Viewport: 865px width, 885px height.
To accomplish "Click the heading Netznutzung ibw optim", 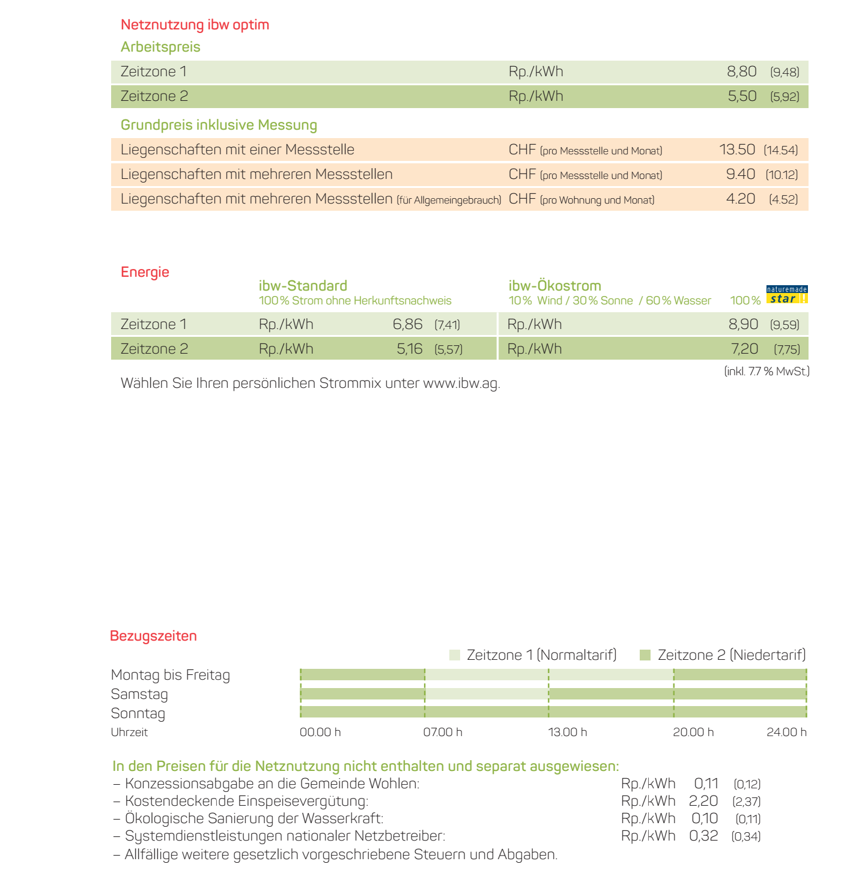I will click(195, 25).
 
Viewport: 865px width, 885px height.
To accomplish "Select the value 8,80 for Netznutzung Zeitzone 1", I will click(741, 71).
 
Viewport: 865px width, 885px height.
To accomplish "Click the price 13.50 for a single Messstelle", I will click(737, 150).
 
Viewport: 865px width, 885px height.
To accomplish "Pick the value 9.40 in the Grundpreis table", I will click(740, 174).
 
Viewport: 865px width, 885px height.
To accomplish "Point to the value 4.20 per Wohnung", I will click(740, 199).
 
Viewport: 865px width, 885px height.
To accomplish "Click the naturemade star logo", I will click(787, 295).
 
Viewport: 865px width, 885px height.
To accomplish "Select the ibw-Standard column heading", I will click(303, 286).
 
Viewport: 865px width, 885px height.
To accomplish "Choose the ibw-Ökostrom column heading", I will click(554, 286).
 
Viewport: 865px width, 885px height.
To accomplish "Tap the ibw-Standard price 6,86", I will click(407, 324).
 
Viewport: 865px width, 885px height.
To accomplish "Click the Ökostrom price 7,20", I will click(744, 349).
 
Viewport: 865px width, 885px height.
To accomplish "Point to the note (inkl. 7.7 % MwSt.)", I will click(766, 372).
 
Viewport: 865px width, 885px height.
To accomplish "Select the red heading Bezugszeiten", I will click(153, 636).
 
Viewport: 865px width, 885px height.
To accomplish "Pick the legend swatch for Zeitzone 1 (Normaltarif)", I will click(455, 655).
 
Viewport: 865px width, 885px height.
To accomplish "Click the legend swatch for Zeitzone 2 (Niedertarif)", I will click(645, 655).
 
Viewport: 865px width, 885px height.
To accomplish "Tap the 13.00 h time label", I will click(567, 732).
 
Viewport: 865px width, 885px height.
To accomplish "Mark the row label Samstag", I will click(139, 694).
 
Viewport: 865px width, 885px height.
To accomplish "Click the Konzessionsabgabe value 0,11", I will click(706, 784).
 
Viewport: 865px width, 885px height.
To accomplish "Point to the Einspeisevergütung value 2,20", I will click(703, 801).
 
